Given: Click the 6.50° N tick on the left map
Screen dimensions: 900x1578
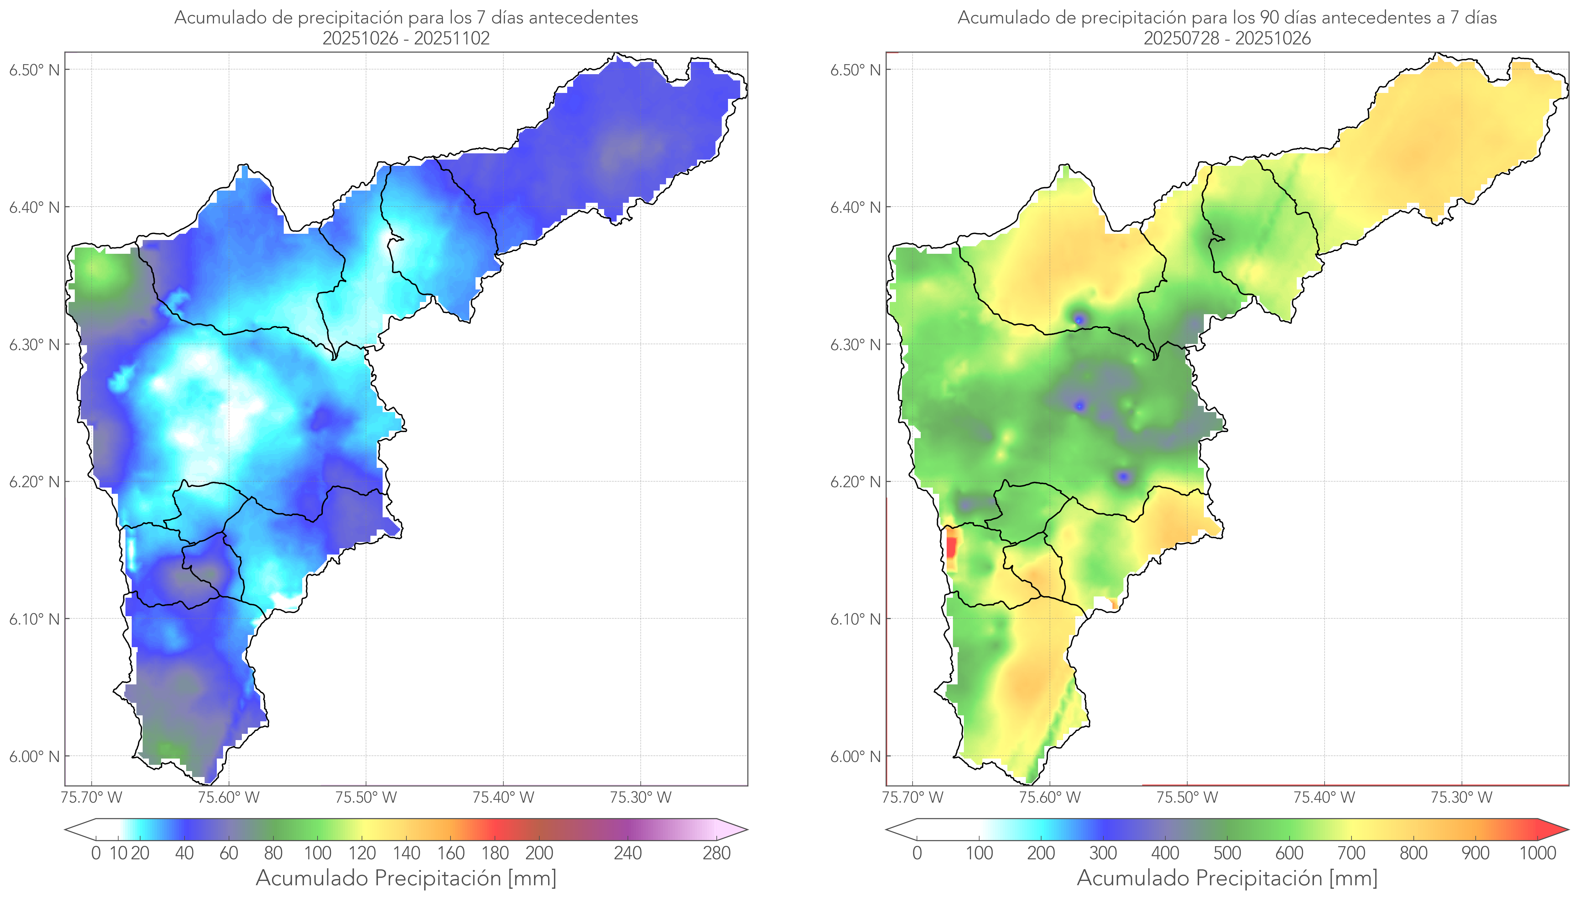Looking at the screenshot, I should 34,70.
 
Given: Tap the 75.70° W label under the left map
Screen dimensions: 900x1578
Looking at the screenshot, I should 91,797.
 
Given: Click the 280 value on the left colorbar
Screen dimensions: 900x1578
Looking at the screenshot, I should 717,853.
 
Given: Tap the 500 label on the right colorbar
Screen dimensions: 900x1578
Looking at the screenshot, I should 1227,853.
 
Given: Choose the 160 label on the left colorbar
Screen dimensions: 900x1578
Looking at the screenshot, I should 451,853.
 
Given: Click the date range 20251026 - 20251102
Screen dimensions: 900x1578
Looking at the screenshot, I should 406,38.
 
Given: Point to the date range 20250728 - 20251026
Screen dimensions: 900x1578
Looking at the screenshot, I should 1227,38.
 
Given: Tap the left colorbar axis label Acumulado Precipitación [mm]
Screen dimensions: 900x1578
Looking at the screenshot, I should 406,878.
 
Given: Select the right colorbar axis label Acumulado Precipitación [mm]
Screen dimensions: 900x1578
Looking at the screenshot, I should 1227,878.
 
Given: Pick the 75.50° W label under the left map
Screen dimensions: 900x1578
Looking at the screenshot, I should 366,797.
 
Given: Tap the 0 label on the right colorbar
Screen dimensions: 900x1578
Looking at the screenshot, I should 917,853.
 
